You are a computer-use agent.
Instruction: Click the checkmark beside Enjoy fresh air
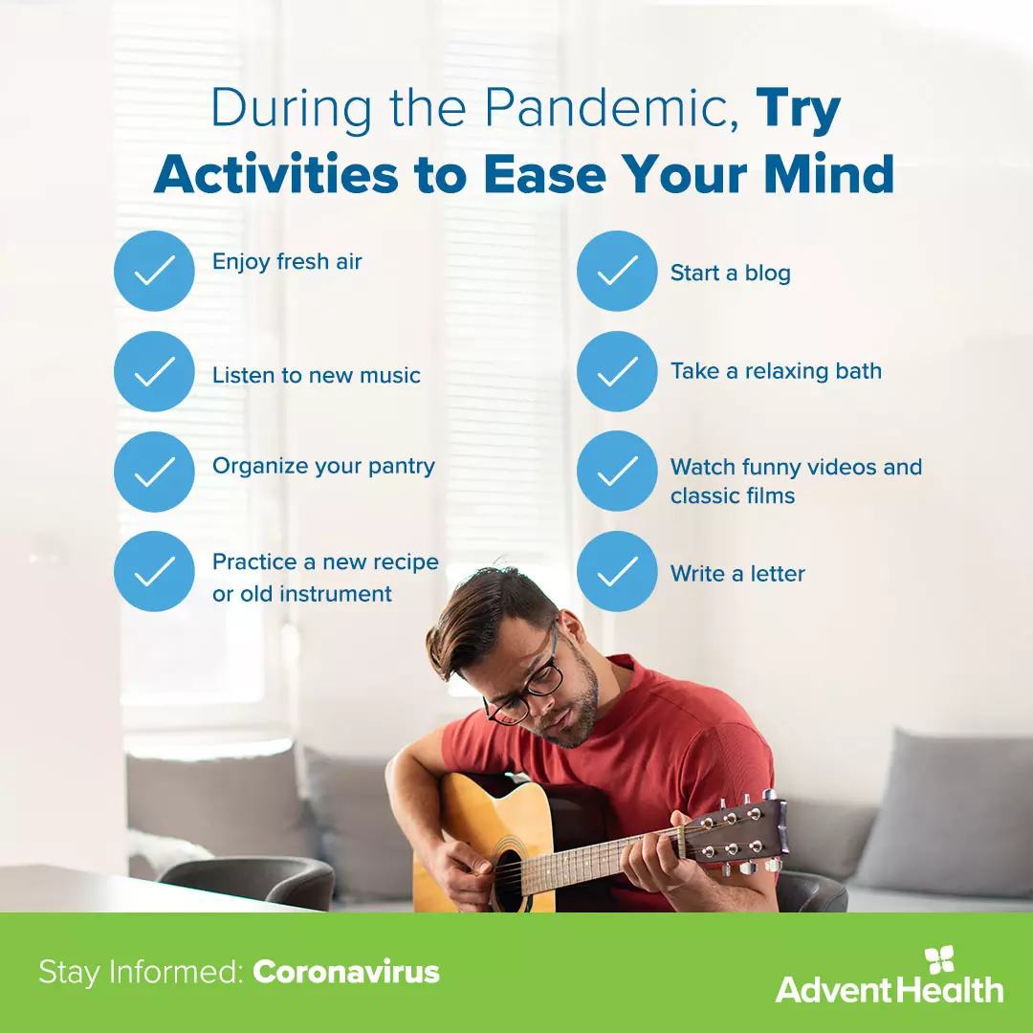coord(154,271)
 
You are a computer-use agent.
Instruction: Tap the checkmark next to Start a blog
coord(617,271)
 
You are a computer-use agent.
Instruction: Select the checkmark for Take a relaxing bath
coord(617,371)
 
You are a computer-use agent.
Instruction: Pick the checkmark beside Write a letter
coord(617,571)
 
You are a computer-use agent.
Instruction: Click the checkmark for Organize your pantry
coord(154,471)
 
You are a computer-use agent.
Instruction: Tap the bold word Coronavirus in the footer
coord(346,973)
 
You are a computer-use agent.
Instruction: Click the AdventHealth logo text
coord(889,989)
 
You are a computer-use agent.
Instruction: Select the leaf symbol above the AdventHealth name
coord(940,959)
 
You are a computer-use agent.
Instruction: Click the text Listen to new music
coord(317,375)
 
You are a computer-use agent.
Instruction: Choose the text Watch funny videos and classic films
coord(796,480)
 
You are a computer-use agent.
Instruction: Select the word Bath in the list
coord(859,371)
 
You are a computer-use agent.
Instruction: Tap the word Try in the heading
coord(799,109)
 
